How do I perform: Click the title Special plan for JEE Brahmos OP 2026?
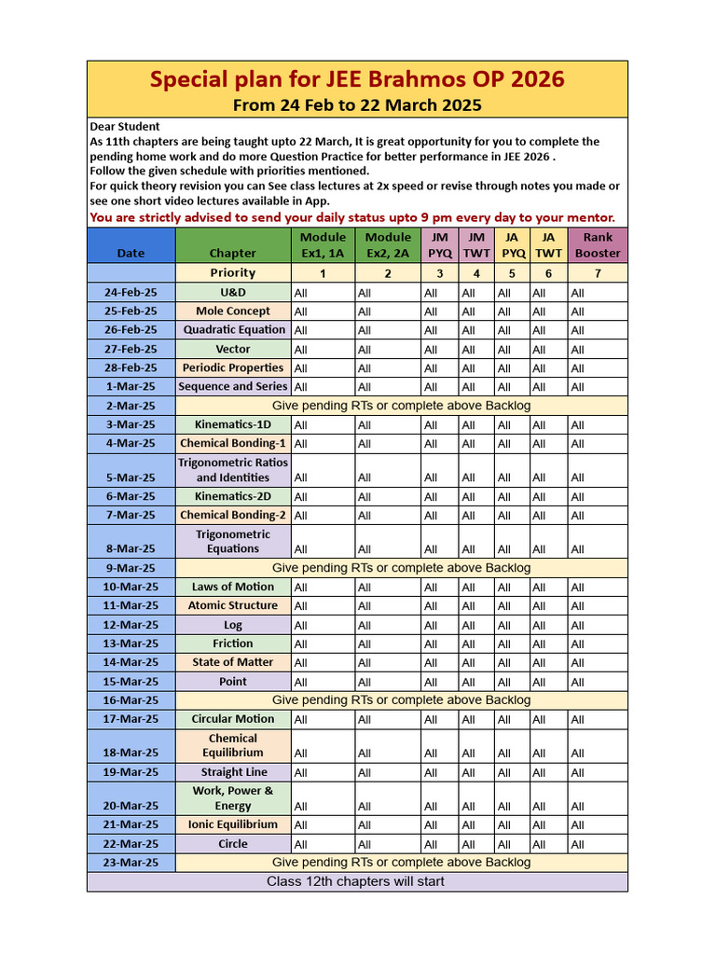(357, 79)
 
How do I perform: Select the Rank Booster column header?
(598, 245)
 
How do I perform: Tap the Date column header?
(131, 253)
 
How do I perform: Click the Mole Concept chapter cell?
(233, 311)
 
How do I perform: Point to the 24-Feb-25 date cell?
(131, 293)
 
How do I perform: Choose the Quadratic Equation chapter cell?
(234, 330)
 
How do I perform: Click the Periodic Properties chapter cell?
(233, 368)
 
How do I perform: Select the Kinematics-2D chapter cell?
(233, 496)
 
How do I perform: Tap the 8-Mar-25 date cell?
(131, 549)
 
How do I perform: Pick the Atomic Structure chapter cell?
(233, 605)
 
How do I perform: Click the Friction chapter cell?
(233, 644)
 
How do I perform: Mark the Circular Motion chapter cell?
(233, 719)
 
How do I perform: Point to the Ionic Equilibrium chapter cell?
(233, 824)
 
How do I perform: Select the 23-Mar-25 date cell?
(131, 863)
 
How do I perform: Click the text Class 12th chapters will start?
(356, 881)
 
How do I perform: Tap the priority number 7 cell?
(598, 273)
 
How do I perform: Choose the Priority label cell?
(233, 273)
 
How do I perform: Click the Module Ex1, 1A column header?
(323, 245)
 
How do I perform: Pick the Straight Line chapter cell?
(233, 772)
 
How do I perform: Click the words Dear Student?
(125, 127)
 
